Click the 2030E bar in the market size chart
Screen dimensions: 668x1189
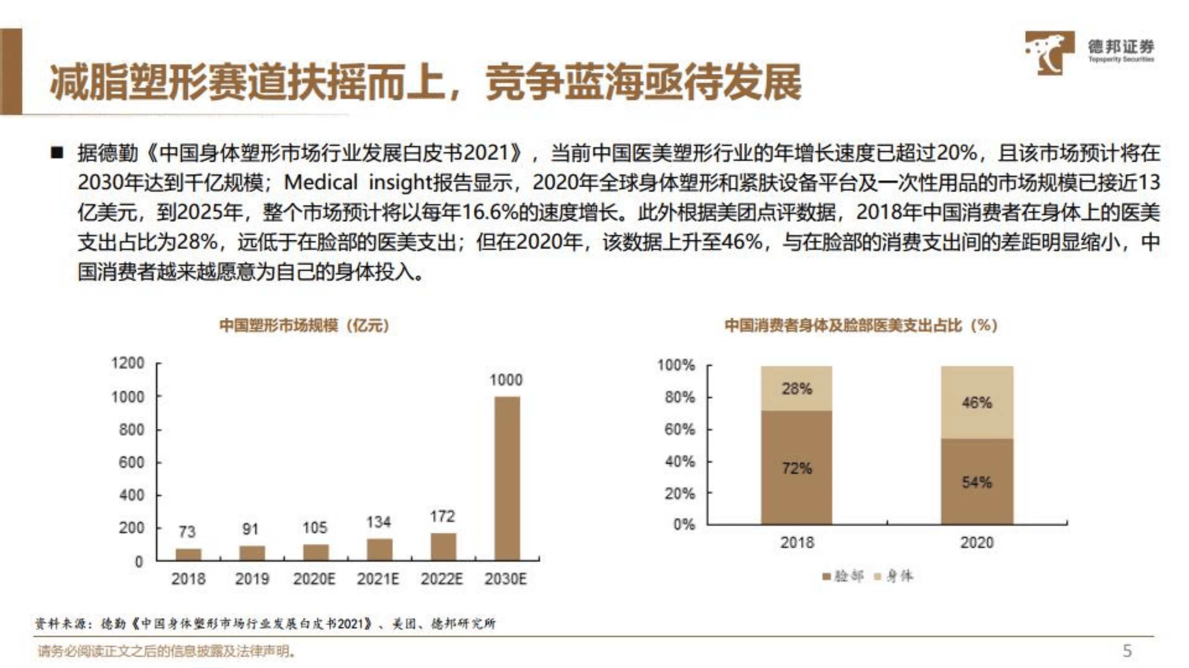[x=507, y=478]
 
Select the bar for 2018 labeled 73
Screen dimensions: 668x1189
[x=188, y=554]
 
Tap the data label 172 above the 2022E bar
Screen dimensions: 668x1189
[x=442, y=516]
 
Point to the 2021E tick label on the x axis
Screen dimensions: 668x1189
[x=378, y=579]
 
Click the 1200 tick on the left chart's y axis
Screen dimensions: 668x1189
[x=128, y=363]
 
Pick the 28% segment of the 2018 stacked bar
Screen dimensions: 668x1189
[x=796, y=388]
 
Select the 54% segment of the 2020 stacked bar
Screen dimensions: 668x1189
[x=977, y=482]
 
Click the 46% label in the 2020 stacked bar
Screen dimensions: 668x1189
[x=977, y=402]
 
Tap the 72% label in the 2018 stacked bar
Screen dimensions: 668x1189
[x=797, y=468]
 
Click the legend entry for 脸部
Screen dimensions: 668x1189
[x=843, y=577]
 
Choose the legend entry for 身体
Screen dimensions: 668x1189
[x=895, y=577]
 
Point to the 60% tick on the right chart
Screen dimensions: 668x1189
[x=680, y=429]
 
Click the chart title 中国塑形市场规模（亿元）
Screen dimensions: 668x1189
[x=304, y=325]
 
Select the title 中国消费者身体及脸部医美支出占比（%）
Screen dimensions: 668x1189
[x=861, y=325]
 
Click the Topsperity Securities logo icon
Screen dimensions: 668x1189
[x=1049, y=52]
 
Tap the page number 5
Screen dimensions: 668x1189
[x=1127, y=650]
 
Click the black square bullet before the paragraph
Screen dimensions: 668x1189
[x=57, y=153]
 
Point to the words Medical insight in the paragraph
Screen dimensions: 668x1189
[x=358, y=182]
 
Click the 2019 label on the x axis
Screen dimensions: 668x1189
[x=252, y=579]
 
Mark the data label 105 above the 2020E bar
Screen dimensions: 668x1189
[x=315, y=528]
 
